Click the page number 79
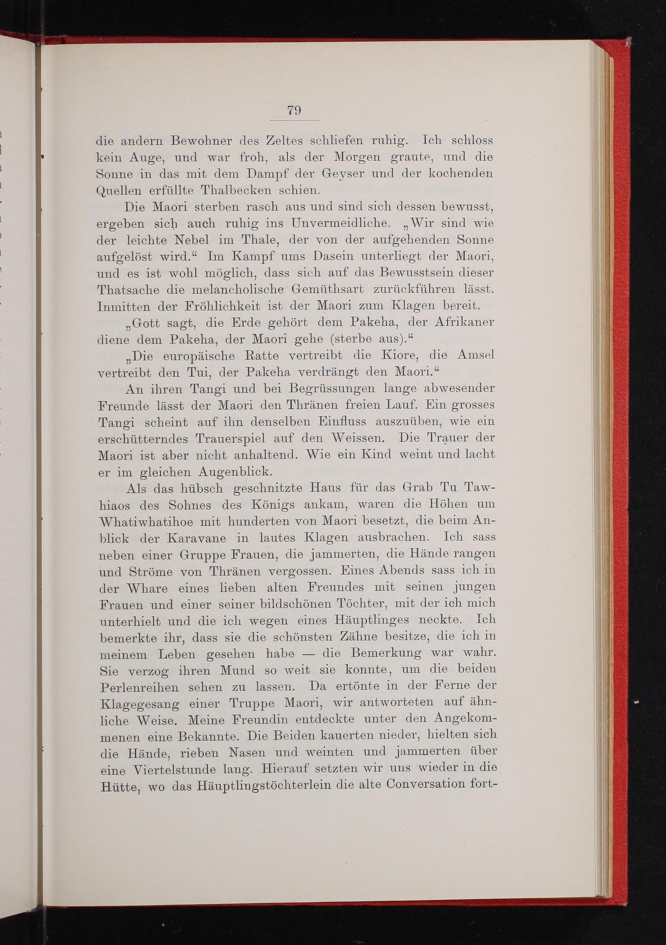pos(294,111)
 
